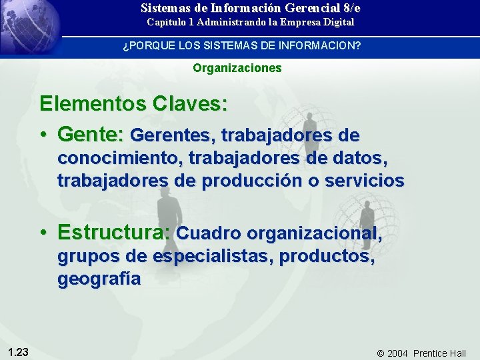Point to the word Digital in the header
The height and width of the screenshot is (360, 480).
[x=339, y=23]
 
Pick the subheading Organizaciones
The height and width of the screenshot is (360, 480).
[x=237, y=68]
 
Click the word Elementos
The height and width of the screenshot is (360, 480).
[x=93, y=104]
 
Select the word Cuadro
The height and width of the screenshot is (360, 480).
[x=208, y=233]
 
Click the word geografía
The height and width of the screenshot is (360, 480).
[x=99, y=279]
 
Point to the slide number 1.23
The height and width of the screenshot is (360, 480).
[x=18, y=352]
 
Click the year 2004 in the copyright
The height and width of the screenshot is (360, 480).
[x=397, y=353]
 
